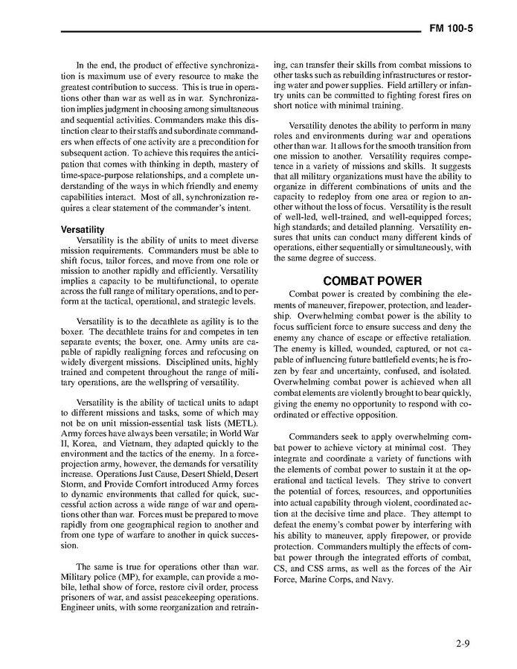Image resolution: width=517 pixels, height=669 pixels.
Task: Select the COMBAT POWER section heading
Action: click(x=372, y=281)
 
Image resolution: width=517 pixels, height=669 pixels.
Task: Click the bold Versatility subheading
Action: click(x=83, y=229)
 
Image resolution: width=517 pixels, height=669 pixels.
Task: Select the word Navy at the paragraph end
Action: click(x=380, y=580)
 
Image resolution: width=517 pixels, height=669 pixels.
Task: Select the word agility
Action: click(x=195, y=321)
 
